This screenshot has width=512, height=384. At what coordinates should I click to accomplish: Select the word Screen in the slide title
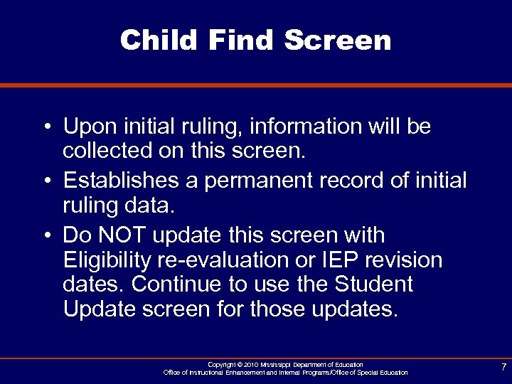pyautogui.click(x=338, y=40)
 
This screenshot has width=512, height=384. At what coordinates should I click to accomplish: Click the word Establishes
pyautogui.click(x=122, y=181)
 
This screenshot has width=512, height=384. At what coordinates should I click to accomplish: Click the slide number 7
pyautogui.click(x=503, y=367)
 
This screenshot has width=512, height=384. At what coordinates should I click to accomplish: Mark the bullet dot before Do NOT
pyautogui.click(x=45, y=235)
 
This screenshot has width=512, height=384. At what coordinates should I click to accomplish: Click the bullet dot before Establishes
pyautogui.click(x=45, y=181)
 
